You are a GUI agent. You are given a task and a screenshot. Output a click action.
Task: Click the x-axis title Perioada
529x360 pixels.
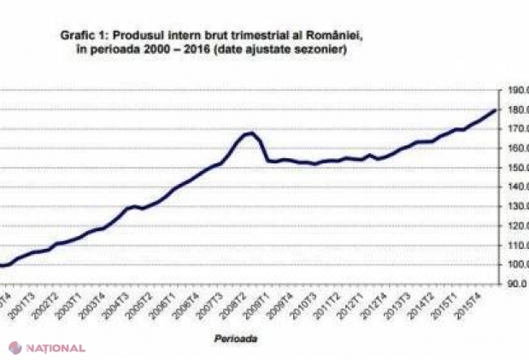click(237, 339)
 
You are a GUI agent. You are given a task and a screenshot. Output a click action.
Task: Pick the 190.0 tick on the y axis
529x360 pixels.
click(516, 89)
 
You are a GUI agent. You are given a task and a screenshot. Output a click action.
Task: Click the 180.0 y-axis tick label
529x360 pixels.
click(516, 109)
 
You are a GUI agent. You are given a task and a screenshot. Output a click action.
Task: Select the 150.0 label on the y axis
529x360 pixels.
click(516, 168)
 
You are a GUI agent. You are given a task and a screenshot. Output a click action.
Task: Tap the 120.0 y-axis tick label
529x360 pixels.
click(516, 227)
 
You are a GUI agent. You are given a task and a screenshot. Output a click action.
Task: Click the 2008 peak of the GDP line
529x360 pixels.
click(250, 133)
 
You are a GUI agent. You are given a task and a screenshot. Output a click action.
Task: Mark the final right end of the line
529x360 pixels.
click(497, 109)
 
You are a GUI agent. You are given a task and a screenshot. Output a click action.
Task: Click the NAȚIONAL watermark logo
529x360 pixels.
click(47, 348)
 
